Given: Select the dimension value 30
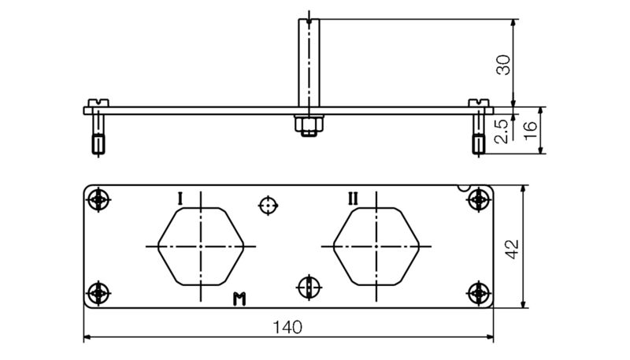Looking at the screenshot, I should click(x=503, y=65).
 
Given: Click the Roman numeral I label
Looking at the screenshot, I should click(x=180, y=198).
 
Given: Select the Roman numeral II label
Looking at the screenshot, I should click(x=353, y=198).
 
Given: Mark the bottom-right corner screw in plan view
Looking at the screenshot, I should click(x=478, y=293).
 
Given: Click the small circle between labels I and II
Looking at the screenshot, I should click(x=269, y=206).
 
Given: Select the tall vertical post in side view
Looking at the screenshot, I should click(x=309, y=63).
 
